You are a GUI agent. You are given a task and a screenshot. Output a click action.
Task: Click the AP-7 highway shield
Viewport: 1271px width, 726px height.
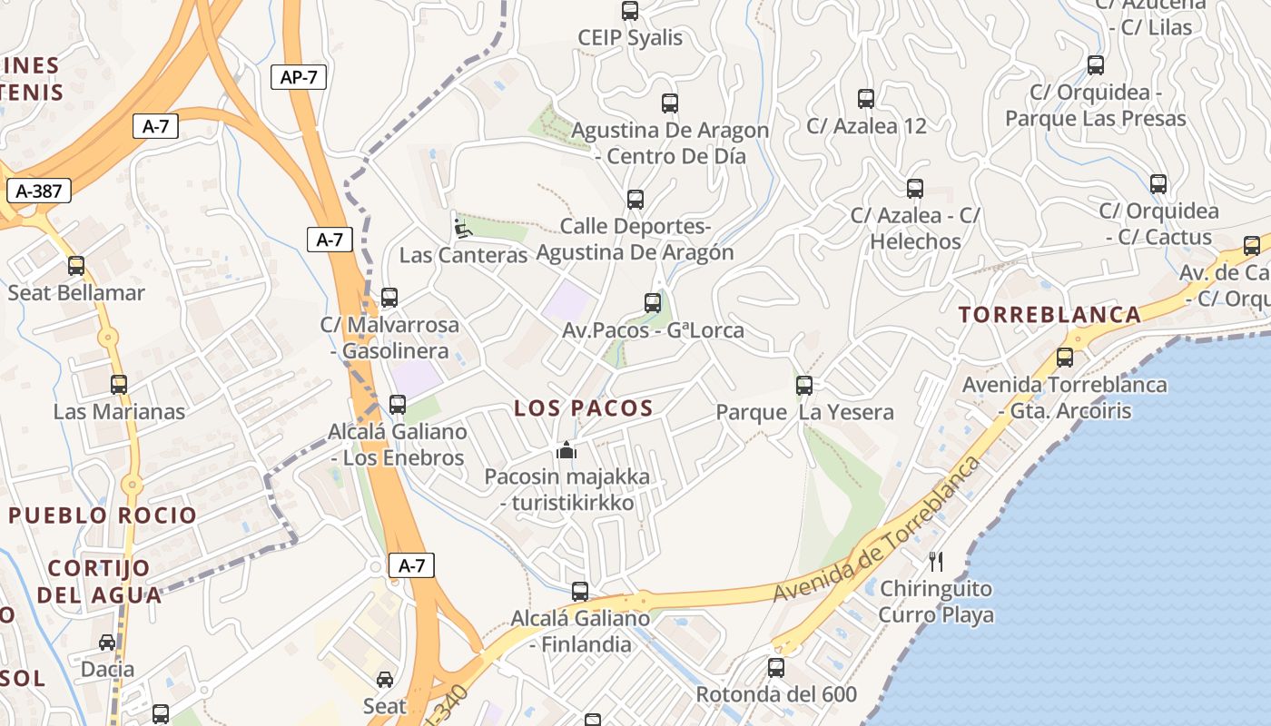tap(298, 77)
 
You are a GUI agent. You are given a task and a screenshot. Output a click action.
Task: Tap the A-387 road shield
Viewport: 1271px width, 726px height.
tap(38, 191)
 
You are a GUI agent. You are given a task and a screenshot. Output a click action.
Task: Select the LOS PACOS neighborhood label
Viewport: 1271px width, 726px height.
tap(584, 408)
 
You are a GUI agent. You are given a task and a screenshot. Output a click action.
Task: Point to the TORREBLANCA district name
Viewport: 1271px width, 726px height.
tap(1050, 315)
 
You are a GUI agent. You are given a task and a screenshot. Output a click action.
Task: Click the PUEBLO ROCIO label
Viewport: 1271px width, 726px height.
tap(103, 515)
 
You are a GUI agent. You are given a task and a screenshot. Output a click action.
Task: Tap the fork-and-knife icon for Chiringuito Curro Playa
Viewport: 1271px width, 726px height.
tap(936, 562)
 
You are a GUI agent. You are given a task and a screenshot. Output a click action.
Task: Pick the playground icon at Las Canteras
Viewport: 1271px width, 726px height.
tap(463, 228)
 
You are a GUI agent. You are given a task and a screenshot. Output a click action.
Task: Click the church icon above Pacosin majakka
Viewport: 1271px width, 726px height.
tap(567, 449)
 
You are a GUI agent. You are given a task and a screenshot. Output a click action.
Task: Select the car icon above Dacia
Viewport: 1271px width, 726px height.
tap(107, 643)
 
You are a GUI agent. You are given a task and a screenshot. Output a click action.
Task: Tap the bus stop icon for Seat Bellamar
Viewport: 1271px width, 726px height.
tap(76, 266)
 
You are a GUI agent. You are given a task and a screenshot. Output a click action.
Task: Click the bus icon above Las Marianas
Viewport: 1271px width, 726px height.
tap(119, 385)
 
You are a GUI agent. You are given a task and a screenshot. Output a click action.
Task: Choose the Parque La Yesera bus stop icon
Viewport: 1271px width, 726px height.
tap(804, 386)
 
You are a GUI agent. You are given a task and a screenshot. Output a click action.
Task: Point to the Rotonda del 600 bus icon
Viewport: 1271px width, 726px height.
tap(776, 668)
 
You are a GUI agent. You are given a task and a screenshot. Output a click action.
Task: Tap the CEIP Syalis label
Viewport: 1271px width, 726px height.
tap(630, 38)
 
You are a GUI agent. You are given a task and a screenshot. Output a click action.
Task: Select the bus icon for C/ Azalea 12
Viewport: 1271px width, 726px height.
tap(866, 99)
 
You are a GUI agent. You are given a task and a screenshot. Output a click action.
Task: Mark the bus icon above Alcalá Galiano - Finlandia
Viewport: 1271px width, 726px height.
tap(580, 592)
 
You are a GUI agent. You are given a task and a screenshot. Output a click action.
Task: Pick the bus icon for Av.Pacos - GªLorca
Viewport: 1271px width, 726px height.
tap(653, 303)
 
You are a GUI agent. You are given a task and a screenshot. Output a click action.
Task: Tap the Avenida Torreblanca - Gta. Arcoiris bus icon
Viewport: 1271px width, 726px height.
tap(1065, 358)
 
